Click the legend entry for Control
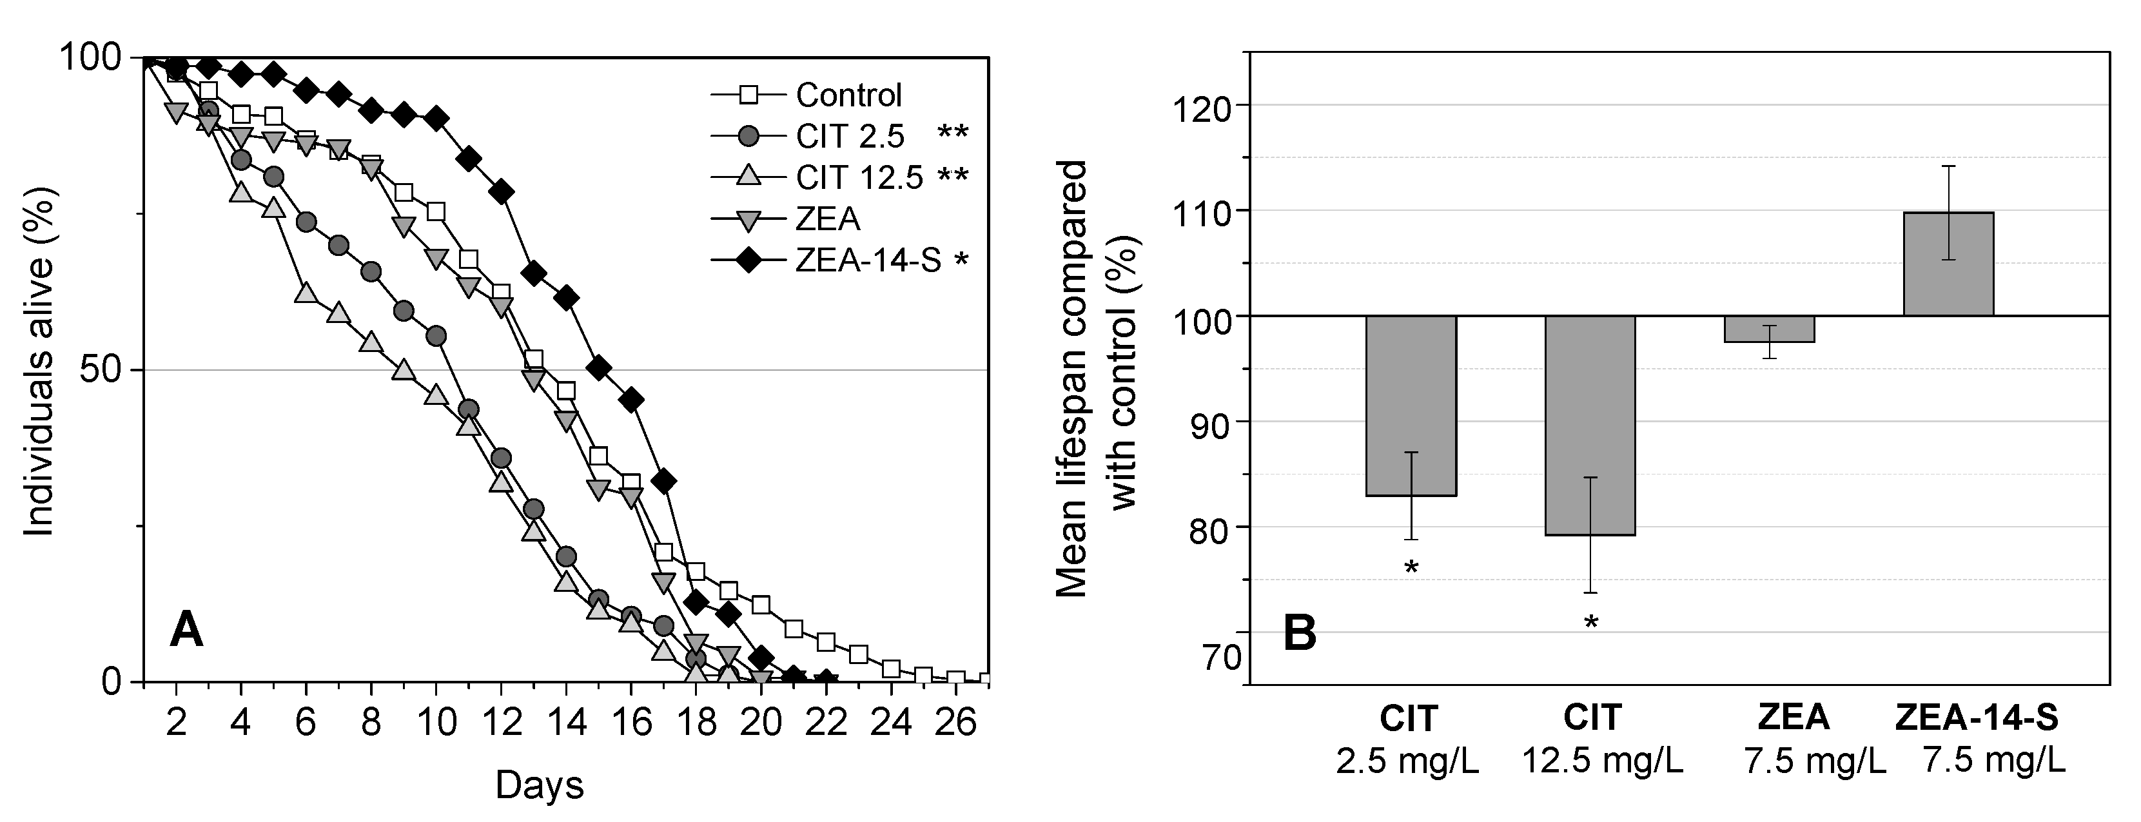(x=848, y=95)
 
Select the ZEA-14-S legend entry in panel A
(x=868, y=261)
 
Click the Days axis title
(x=540, y=785)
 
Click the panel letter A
(x=186, y=630)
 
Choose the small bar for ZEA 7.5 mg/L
(x=1768, y=329)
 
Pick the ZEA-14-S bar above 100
(x=1948, y=264)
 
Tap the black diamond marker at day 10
(x=436, y=119)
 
